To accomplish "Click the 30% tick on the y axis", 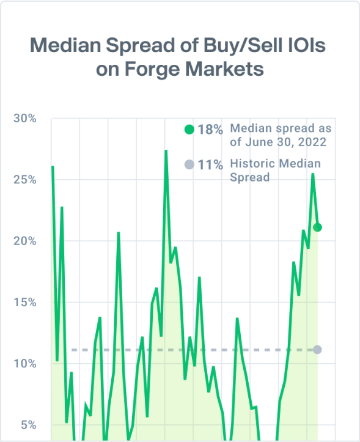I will [25, 119].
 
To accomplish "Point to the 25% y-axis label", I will [25, 180].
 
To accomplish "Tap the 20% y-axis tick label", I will [25, 241].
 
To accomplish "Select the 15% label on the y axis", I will [25, 303].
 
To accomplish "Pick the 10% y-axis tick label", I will [25, 364].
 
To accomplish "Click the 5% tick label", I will [28, 425].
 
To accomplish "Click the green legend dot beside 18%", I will [189, 130].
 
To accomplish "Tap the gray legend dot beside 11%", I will [189, 164].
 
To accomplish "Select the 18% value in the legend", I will [210, 130].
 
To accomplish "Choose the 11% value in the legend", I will [210, 164].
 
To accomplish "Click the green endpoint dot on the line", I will [317, 227].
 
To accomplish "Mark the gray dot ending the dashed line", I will [317, 350].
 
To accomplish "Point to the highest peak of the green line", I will [166, 151].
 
